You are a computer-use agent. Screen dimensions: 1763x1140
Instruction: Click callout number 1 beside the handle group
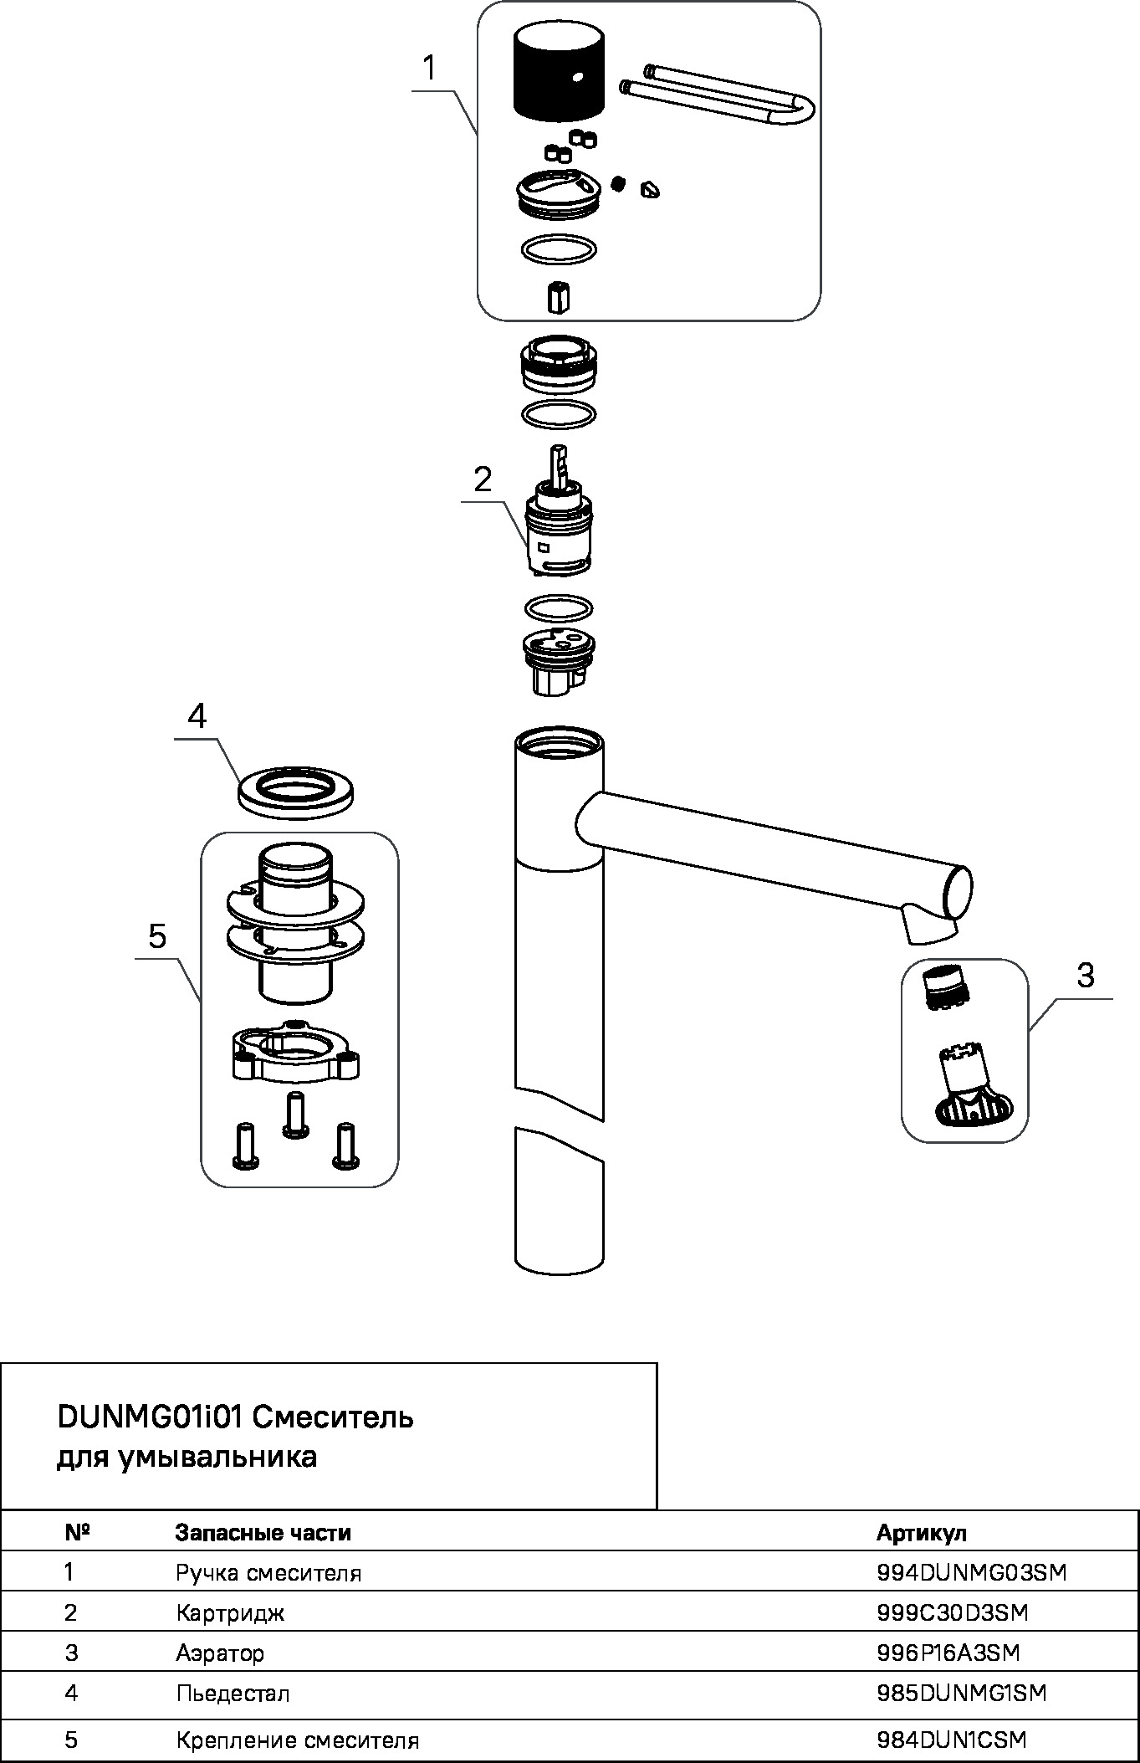[x=429, y=68]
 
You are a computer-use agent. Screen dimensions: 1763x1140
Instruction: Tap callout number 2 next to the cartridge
[x=483, y=479]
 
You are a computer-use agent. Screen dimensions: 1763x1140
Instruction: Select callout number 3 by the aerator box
[x=1085, y=975]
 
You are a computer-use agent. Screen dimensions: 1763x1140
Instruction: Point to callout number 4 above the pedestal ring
[x=197, y=716]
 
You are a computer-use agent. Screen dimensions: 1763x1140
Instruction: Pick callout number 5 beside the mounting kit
[x=157, y=935]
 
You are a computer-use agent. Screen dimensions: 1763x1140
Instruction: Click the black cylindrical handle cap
[x=558, y=72]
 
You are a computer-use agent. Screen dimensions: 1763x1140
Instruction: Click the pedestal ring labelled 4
[x=295, y=789]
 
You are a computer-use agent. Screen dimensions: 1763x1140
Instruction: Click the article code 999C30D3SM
[x=952, y=1612]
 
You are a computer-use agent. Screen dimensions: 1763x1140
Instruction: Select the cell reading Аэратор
[x=220, y=1653]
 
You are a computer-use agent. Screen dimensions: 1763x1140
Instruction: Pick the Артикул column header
[x=921, y=1533]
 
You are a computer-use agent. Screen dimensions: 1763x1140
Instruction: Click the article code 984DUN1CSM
[x=951, y=1740]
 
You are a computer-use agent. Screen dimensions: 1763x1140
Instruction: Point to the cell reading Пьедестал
[x=233, y=1694]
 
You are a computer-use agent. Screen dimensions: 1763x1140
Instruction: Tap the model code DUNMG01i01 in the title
[x=149, y=1417]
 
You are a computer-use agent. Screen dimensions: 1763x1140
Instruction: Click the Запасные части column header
[x=263, y=1533]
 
